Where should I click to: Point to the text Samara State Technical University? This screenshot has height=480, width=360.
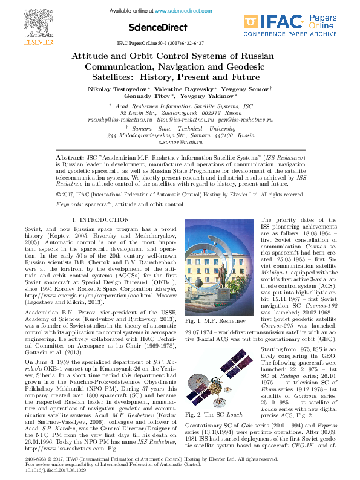click(x=180, y=129)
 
